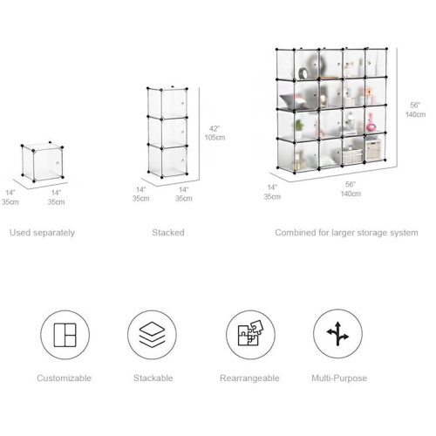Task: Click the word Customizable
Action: click(x=65, y=378)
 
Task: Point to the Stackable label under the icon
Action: click(x=153, y=378)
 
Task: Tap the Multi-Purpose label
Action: click(x=339, y=378)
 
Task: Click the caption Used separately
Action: click(x=42, y=233)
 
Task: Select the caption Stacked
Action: click(x=168, y=233)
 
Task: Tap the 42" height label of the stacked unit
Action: click(x=213, y=128)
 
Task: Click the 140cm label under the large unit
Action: click(x=351, y=194)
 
